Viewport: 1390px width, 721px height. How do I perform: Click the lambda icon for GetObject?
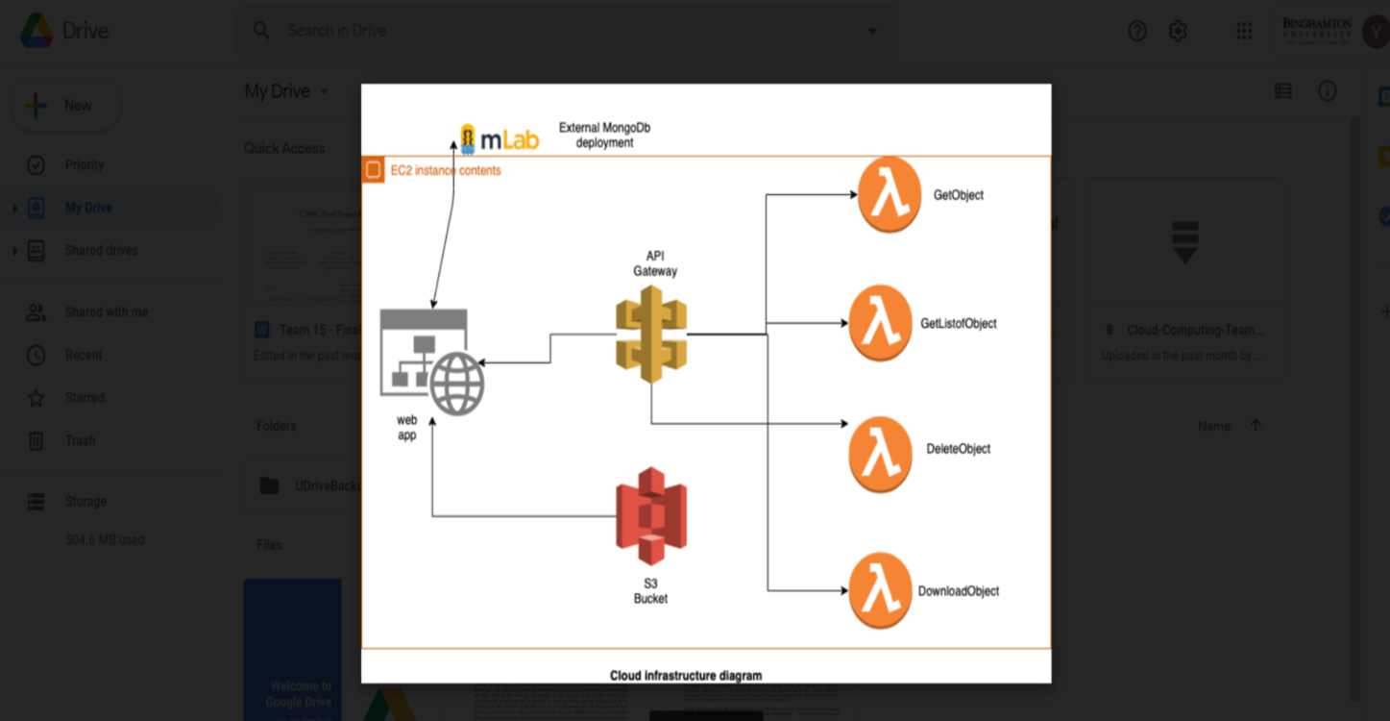click(889, 195)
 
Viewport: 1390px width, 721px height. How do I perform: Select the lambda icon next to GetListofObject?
click(880, 323)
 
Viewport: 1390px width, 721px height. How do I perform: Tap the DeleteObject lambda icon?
click(880, 454)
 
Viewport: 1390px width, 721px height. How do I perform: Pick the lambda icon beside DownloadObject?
click(880, 590)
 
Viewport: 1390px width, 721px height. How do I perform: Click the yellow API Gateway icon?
click(651, 335)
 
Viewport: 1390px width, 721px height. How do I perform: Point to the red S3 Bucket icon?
click(651, 515)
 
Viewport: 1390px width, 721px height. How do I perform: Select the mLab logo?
click(500, 138)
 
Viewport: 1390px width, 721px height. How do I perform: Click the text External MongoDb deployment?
click(605, 135)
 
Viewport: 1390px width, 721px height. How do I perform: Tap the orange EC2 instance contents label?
click(445, 170)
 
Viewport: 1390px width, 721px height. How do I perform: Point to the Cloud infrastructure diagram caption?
click(686, 675)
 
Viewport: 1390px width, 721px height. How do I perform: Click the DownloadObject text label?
click(958, 591)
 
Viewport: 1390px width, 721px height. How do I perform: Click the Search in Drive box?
click(567, 31)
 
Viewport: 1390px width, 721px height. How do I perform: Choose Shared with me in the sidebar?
click(106, 312)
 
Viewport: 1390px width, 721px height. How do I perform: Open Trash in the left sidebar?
click(80, 440)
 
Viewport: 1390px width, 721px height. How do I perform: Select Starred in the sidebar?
click(85, 398)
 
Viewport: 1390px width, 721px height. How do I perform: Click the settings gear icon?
click(1178, 32)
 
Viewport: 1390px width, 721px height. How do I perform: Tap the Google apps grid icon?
click(1244, 32)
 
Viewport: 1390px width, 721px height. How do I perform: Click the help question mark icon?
click(1137, 32)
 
